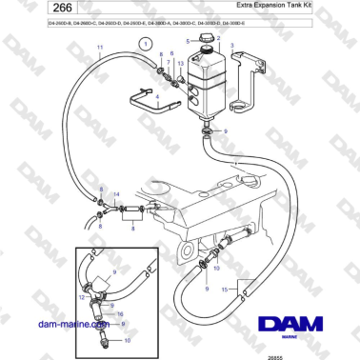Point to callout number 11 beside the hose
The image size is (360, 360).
tap(102, 46)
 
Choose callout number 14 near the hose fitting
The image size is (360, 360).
tap(116, 194)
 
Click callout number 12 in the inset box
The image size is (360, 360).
tap(83, 298)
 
